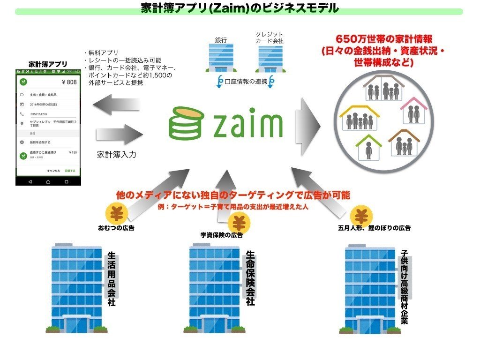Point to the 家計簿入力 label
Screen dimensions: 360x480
[116, 154]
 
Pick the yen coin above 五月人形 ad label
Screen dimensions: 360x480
[361, 216]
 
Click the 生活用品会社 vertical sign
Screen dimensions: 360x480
[112, 279]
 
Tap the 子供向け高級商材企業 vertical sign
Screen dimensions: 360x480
[404, 287]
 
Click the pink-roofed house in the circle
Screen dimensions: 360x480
[414, 110]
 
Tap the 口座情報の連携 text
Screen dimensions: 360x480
[246, 82]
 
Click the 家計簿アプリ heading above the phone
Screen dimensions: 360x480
[48, 64]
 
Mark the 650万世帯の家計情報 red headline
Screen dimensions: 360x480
[383, 39]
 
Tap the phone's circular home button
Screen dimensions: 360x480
[48, 181]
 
